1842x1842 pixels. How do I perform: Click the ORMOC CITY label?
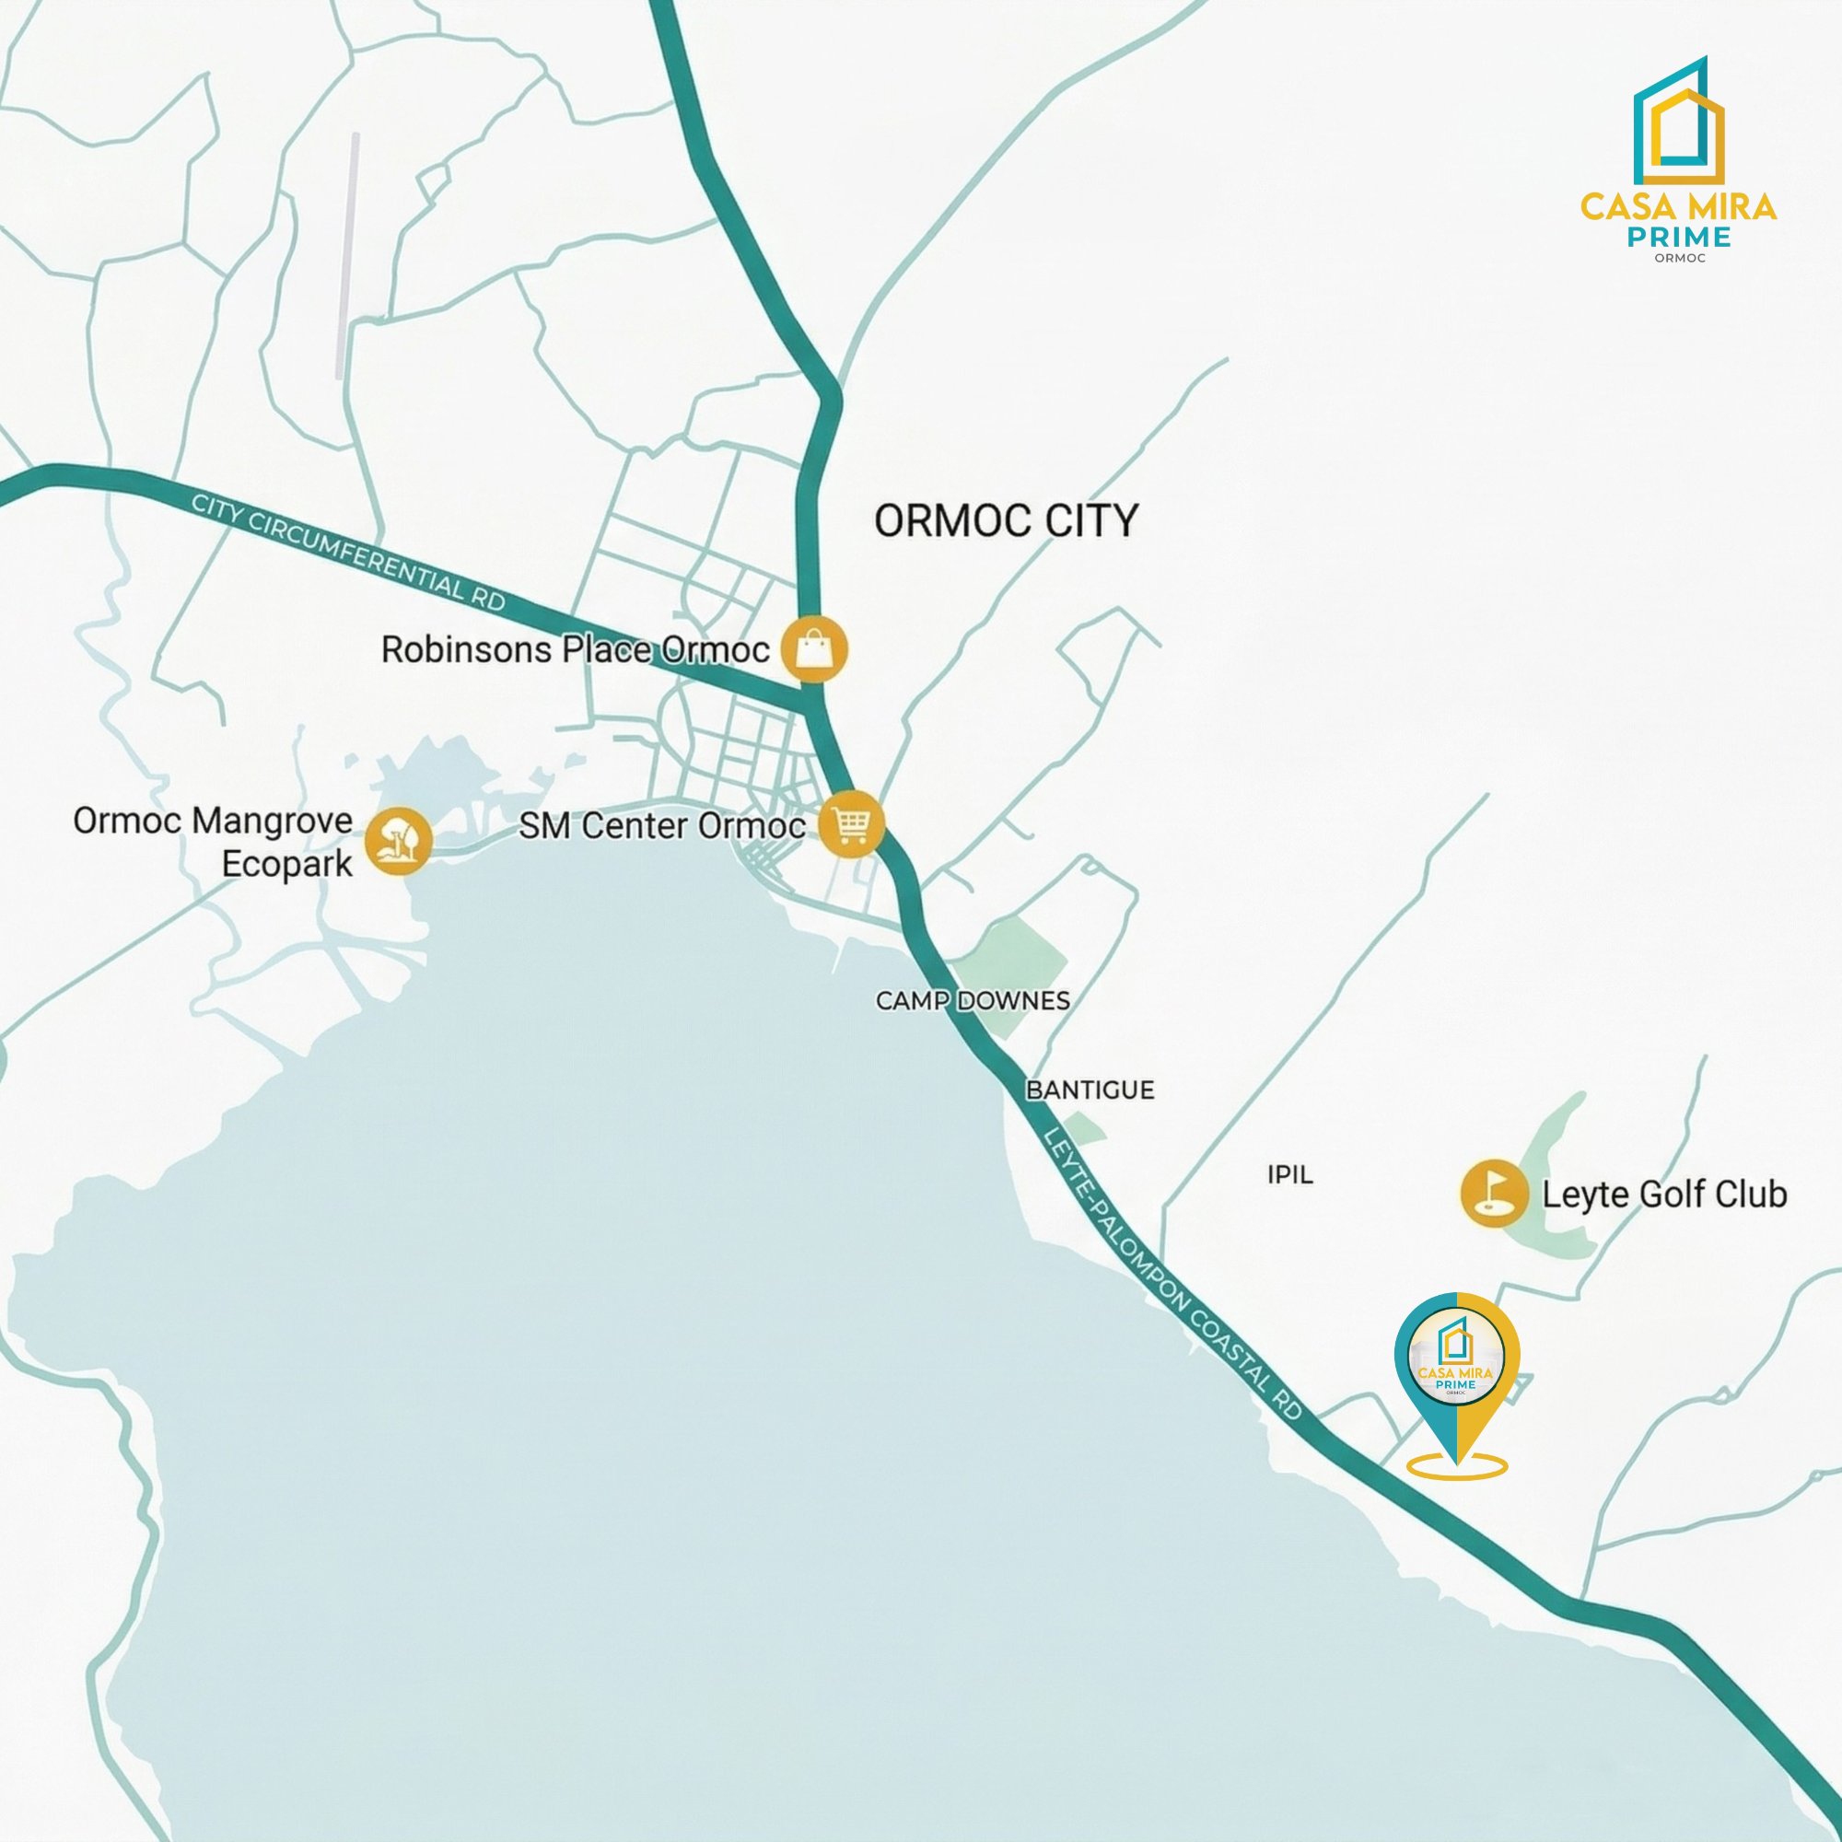(x=1006, y=521)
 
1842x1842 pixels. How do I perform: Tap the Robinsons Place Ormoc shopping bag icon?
(x=813, y=649)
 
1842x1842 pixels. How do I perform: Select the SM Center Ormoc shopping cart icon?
(x=851, y=824)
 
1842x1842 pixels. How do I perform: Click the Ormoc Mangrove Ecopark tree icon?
(x=399, y=841)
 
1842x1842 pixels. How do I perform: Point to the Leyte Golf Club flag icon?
(x=1493, y=1193)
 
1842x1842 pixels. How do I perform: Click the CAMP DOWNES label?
(x=973, y=1001)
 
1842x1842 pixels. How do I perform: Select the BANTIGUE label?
(x=1090, y=1090)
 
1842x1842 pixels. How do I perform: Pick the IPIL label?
(x=1290, y=1174)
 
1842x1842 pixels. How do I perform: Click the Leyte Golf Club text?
(x=1663, y=1195)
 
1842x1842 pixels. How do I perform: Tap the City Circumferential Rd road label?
(x=348, y=552)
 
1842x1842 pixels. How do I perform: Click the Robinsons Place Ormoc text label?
(x=575, y=650)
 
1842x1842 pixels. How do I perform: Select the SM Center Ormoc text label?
(x=661, y=825)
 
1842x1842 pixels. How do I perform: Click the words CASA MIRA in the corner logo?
(x=1678, y=207)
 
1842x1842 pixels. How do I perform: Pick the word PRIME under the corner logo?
(x=1679, y=237)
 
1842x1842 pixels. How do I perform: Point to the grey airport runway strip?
(x=348, y=255)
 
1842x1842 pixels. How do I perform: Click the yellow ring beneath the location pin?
(x=1457, y=1467)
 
